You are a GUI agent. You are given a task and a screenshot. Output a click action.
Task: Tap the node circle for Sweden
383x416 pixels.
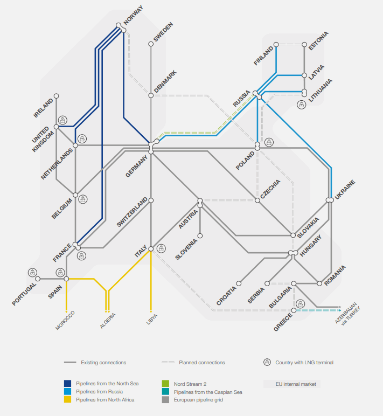[x=151, y=44]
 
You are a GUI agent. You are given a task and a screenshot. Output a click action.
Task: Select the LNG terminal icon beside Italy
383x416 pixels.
[x=162, y=248]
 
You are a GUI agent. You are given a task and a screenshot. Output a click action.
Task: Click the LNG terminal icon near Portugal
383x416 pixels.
[x=32, y=272]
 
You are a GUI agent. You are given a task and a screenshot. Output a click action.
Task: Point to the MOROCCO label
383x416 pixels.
[x=65, y=320]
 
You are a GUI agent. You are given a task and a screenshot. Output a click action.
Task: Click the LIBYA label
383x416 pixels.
[x=151, y=318]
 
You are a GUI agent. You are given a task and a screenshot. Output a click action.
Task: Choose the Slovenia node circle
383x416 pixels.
[x=200, y=235]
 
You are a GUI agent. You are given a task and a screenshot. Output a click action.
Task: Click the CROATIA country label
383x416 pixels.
[x=227, y=295]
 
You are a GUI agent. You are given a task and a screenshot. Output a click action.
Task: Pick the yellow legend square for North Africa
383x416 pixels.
[x=67, y=399]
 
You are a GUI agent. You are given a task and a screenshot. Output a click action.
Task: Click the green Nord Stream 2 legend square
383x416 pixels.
[x=166, y=384]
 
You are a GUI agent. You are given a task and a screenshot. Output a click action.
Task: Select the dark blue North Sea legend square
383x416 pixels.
[x=67, y=384]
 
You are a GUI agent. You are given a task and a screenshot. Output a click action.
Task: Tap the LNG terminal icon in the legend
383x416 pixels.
[x=267, y=363]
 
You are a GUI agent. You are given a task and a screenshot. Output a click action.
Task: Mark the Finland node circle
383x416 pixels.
[x=276, y=45]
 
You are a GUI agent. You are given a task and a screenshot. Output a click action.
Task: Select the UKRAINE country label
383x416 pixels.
[x=344, y=192]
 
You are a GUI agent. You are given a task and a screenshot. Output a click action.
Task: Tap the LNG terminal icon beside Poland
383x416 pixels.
[x=269, y=142]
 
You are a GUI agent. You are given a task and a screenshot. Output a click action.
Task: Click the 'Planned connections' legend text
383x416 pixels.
[x=202, y=363]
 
